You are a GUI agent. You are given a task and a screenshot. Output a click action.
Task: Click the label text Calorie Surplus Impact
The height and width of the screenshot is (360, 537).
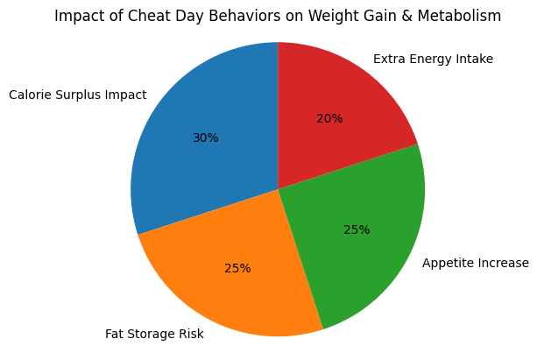click(78, 95)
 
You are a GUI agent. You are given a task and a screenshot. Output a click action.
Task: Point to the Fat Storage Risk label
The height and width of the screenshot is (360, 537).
click(154, 334)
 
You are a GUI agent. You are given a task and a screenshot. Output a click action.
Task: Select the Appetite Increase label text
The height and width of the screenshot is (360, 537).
click(476, 263)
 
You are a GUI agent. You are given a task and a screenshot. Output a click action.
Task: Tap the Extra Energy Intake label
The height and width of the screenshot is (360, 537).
click(433, 59)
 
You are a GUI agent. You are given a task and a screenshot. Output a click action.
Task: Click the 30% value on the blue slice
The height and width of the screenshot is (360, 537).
click(205, 138)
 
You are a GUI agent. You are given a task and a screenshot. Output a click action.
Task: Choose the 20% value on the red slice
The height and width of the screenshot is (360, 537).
click(329, 118)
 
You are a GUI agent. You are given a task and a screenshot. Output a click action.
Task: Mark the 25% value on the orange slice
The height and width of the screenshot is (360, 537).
click(237, 268)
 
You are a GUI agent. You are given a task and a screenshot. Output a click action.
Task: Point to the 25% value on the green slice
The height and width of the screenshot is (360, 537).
click(357, 230)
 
